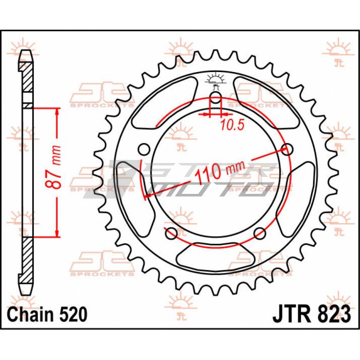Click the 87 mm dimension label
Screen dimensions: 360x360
coord(53,167)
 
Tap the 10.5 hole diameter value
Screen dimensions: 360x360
coord(232,125)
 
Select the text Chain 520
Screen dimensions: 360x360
coord(47,314)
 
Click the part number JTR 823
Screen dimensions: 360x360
coord(312,314)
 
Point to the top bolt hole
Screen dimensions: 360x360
coord(215,98)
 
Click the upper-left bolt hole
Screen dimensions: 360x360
coord(144,149)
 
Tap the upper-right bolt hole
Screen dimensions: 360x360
coord(287,149)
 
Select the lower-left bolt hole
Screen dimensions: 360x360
coord(171,233)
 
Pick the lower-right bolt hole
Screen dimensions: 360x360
coord(260,233)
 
